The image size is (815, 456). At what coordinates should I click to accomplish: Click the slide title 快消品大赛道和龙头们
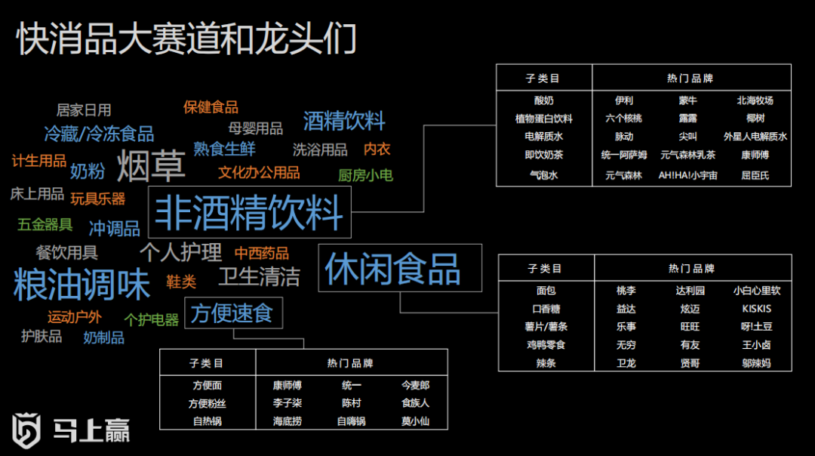[186, 39]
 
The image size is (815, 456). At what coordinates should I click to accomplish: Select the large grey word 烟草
[151, 167]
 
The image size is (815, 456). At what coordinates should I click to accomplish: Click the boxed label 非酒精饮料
[250, 212]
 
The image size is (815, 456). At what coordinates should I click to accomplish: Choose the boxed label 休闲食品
[392, 269]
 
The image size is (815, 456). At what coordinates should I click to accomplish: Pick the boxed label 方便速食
[232, 313]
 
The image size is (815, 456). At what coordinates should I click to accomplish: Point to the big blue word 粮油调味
[82, 284]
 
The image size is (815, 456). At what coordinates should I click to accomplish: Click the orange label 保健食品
[211, 107]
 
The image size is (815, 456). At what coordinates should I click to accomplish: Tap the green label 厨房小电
[364, 175]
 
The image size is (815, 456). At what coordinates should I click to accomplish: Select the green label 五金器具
[45, 224]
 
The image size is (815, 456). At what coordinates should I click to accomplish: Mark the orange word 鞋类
[181, 282]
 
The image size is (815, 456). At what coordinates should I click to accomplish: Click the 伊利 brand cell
[624, 100]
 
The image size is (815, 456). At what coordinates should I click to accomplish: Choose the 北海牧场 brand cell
[755, 100]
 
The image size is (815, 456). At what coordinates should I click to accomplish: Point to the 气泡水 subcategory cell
[544, 175]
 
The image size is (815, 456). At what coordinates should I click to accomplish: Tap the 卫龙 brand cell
[626, 363]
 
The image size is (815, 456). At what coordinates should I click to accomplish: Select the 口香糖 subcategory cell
[546, 309]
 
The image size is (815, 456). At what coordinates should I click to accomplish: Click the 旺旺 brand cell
[690, 327]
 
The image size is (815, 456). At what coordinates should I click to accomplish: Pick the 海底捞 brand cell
[287, 421]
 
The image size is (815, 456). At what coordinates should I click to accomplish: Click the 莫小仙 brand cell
[415, 421]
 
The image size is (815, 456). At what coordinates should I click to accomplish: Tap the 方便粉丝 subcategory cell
[207, 403]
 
